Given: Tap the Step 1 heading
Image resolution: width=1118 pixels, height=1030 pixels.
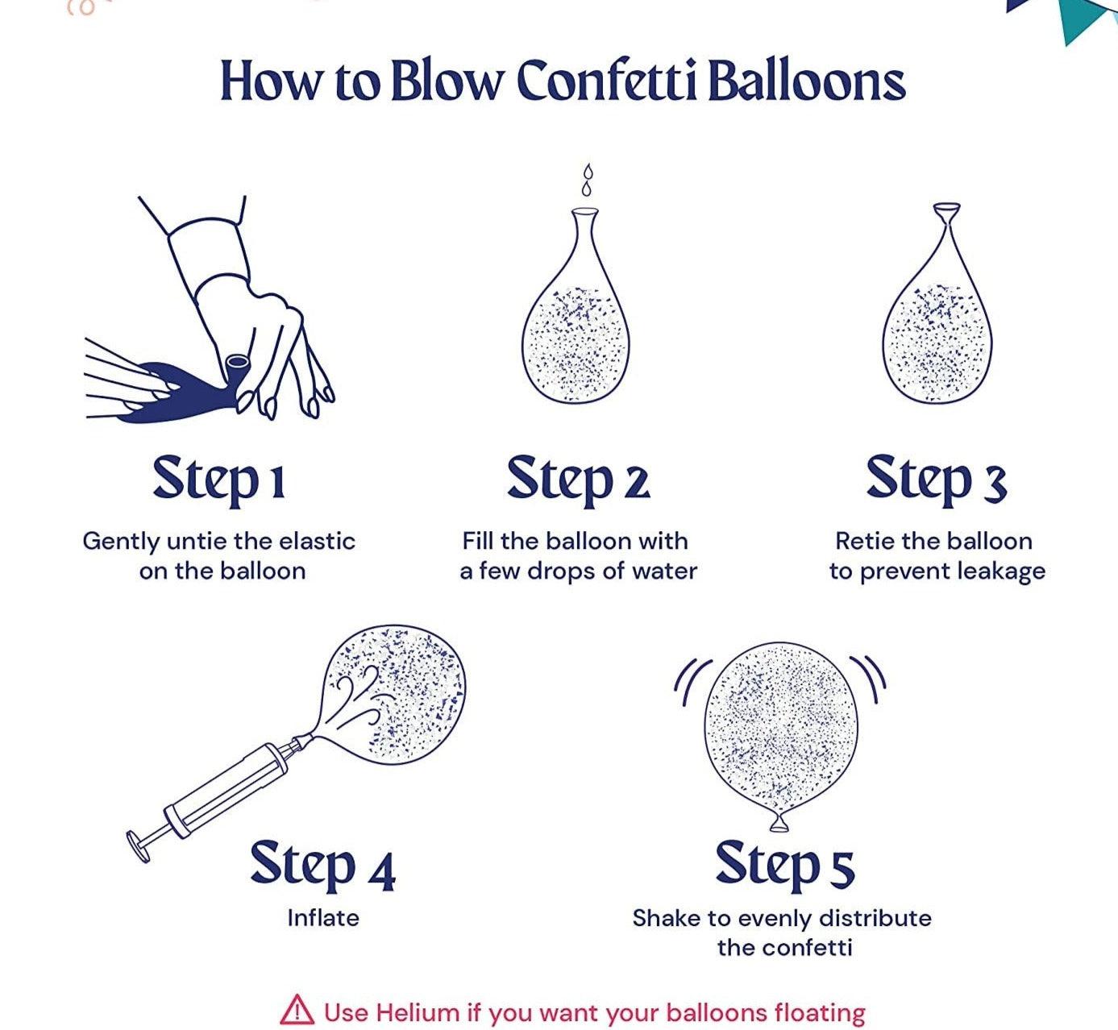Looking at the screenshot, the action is coord(219,480).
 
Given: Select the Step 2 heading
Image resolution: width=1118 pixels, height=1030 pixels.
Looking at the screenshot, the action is coord(579,480).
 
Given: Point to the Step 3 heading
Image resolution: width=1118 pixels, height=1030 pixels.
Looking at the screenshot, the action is coord(937,480).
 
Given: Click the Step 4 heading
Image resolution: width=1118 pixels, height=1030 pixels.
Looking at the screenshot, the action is coord(323,866).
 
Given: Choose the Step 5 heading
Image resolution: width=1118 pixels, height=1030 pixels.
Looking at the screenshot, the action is coord(785,866).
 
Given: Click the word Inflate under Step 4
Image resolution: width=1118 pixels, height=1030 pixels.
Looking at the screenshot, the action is coord(323,918).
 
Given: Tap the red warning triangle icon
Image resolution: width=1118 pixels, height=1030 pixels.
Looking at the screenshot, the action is coord(297,1009).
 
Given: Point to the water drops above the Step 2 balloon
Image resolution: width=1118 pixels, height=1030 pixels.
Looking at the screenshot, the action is coord(586,180).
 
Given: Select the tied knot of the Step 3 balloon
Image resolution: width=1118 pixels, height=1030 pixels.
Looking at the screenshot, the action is coord(947,215).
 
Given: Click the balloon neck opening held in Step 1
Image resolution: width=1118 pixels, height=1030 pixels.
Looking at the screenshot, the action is coord(238,363).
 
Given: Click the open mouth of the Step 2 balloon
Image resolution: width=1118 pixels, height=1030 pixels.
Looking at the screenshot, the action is coord(584,210).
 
